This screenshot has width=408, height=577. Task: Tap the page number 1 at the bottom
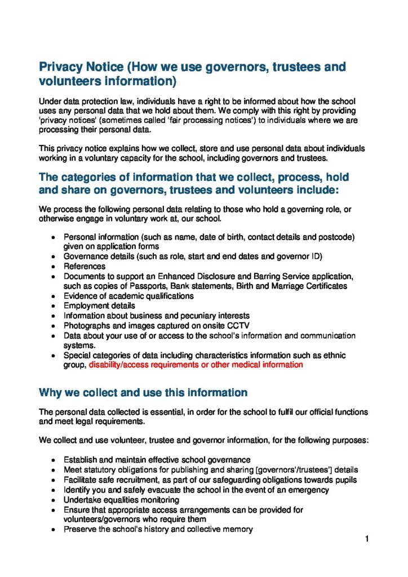tap(366, 539)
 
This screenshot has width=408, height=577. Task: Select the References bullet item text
tap(84, 267)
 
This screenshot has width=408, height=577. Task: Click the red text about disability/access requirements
tap(196, 365)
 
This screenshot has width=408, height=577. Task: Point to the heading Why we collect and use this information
tap(143, 393)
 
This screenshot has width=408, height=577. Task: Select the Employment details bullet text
tap(99, 306)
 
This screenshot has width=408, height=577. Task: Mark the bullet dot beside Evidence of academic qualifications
tap(53, 296)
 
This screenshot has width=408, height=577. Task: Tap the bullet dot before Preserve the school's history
tap(53, 530)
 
